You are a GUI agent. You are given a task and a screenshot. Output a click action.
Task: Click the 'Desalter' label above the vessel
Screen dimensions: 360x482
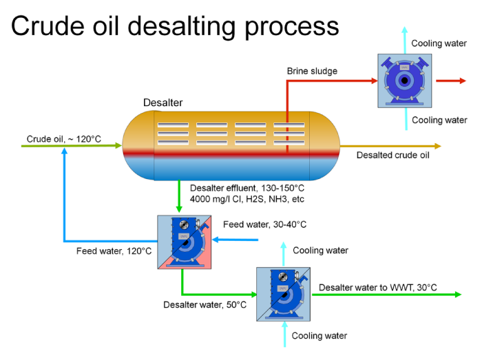click(x=163, y=103)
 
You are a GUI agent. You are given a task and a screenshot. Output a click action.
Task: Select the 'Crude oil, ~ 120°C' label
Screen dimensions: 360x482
click(x=64, y=139)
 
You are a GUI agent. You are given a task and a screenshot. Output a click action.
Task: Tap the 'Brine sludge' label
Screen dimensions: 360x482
click(x=312, y=71)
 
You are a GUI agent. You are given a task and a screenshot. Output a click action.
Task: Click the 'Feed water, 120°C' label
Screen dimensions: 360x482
click(x=114, y=251)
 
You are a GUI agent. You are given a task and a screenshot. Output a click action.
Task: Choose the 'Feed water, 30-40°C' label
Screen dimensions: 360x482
click(x=265, y=224)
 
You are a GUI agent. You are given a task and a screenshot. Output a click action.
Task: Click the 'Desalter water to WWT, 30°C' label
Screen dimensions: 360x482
click(x=378, y=287)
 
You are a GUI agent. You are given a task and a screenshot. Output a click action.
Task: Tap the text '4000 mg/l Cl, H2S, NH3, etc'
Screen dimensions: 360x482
click(x=247, y=199)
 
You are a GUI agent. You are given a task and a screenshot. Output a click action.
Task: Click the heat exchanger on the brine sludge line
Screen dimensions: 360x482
click(x=405, y=81)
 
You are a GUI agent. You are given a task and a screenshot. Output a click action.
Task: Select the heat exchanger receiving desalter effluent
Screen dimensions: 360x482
click(x=183, y=242)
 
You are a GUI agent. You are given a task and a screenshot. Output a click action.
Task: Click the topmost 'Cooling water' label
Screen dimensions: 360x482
click(x=439, y=43)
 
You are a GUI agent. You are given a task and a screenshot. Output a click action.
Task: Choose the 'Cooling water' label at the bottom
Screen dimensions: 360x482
click(x=319, y=336)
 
